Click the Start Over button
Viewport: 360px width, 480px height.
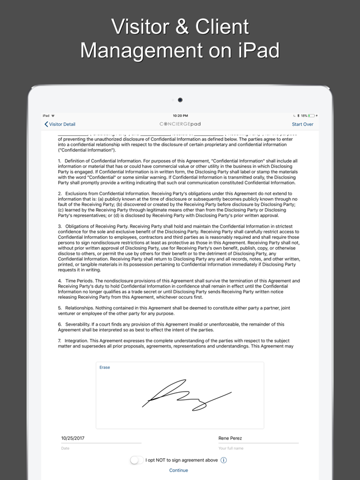pos(302,124)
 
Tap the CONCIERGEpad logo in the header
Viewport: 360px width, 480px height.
pos(180,124)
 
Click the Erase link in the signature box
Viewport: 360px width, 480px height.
pos(105,368)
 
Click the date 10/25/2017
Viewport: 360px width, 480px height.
pos(73,438)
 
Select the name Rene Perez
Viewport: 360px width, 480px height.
pos(230,438)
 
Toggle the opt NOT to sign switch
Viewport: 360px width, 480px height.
pos(136,460)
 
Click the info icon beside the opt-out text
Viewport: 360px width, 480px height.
pos(224,460)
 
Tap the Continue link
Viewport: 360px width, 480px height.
pos(179,470)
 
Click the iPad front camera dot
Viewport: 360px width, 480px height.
pos(180,100)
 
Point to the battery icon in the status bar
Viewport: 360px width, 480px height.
pos(311,116)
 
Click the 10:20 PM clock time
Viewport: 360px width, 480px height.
pos(180,116)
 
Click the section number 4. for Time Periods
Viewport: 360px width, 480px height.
pos(60,280)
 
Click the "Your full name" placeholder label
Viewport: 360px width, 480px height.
pos(231,448)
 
